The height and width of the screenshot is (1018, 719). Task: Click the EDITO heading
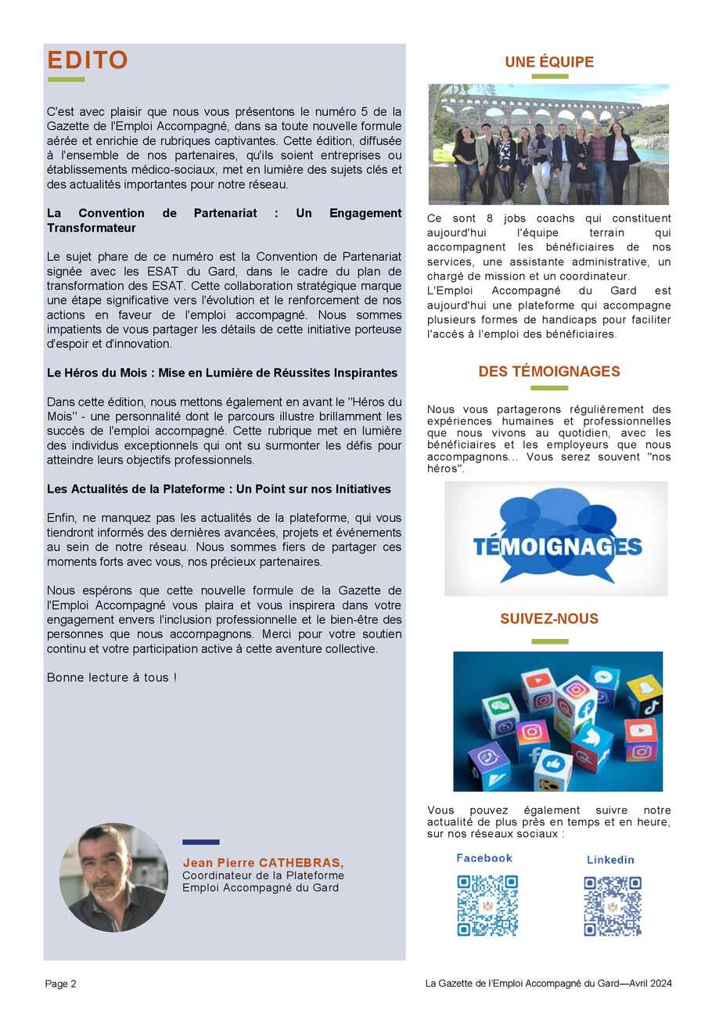[88, 60]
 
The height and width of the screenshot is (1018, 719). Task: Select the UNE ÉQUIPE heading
[548, 62]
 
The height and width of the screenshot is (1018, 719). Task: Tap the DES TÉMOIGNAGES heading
[548, 371]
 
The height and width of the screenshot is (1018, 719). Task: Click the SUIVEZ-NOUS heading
[548, 619]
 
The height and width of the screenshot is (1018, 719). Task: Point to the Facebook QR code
[487, 905]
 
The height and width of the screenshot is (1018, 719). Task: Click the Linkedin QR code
[612, 906]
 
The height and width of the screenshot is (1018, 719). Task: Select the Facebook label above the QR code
[484, 858]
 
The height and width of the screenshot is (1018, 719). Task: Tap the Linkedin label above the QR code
[610, 860]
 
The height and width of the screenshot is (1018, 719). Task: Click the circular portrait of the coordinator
[113, 877]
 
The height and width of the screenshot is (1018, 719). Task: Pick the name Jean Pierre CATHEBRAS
[263, 862]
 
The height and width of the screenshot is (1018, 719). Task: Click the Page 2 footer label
[60, 984]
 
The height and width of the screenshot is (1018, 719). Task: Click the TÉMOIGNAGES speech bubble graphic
[555, 539]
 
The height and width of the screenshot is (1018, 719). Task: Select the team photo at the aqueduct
[548, 144]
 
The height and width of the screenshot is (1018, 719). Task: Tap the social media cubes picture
[557, 721]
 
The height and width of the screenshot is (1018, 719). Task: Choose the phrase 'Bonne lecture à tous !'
[112, 677]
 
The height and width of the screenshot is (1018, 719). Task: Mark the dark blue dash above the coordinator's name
[200, 843]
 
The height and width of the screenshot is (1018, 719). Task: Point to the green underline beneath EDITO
[66, 79]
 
